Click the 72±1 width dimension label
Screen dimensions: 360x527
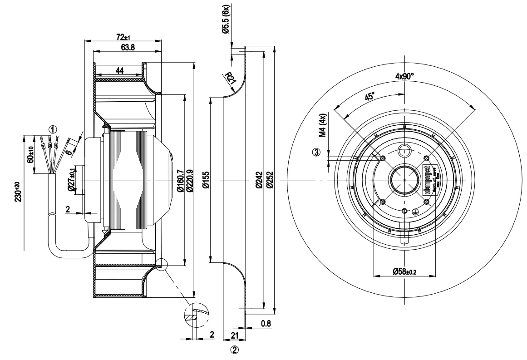[x=123, y=36]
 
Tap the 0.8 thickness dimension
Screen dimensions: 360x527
[x=266, y=324]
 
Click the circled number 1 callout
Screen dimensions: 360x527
[x=53, y=128]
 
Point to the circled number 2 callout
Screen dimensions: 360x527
[x=235, y=350]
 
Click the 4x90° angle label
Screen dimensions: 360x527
[x=404, y=76]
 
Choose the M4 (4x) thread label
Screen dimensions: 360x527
[x=323, y=126]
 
